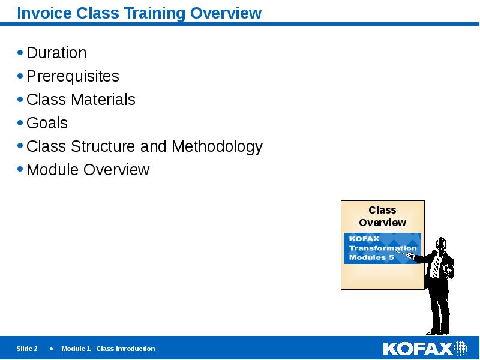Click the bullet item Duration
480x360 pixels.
56,53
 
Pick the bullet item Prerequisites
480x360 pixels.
73,76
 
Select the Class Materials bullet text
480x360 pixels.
81,100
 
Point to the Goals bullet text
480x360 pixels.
47,123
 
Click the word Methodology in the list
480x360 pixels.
217,146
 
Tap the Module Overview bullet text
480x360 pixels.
88,170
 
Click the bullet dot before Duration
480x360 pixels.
21,53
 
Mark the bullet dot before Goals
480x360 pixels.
21,123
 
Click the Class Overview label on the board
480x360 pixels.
382,216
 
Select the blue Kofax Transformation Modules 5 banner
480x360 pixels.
382,248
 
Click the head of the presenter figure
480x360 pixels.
441,244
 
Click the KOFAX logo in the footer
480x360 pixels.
425,349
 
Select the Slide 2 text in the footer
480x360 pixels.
27,349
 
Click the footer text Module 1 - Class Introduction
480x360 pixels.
108,349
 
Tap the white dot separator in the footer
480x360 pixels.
51,349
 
